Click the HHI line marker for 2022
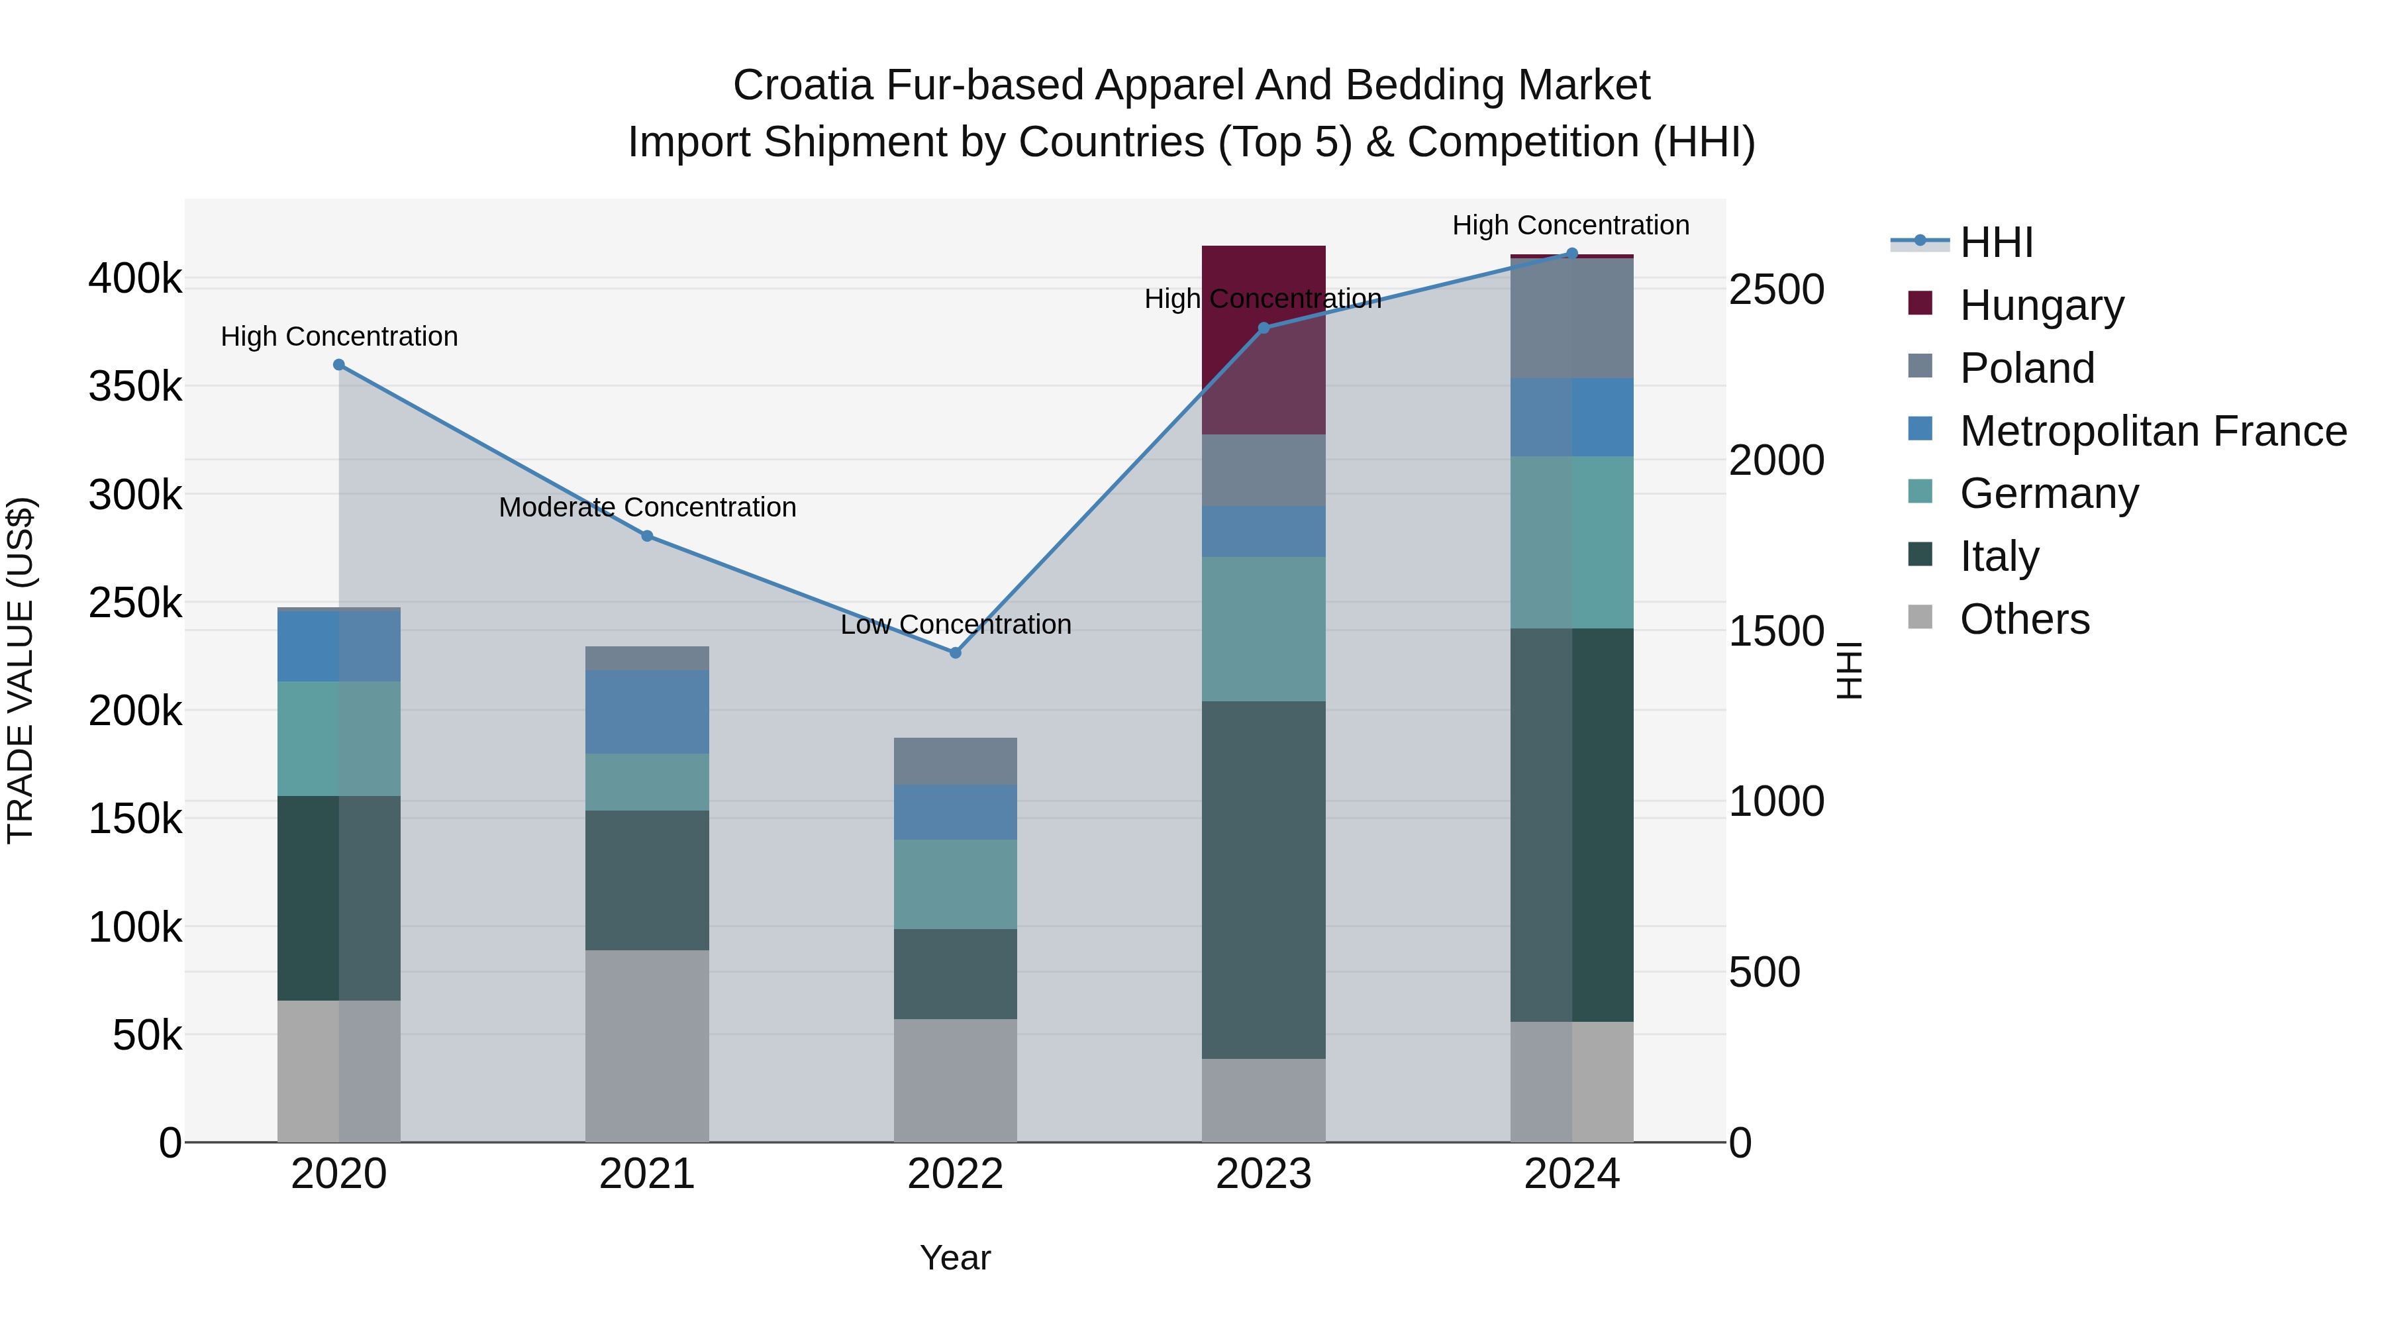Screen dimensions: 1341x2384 coord(955,652)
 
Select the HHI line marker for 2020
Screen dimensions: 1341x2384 coord(338,365)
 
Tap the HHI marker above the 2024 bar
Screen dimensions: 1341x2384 coord(1571,254)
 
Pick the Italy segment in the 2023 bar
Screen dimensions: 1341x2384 coord(1264,879)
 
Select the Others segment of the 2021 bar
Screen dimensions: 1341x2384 coord(647,1046)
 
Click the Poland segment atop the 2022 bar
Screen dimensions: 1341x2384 coord(955,761)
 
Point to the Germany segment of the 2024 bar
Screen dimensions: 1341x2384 coord(1571,542)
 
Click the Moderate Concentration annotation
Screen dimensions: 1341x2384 coord(647,507)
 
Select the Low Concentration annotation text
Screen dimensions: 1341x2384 coord(955,624)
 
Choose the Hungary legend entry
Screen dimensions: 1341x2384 coord(2041,305)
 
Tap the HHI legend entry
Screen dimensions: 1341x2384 coord(1995,242)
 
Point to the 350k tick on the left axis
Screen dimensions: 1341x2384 coord(135,386)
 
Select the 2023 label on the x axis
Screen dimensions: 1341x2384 coord(1264,1174)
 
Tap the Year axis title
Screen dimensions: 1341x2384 coord(955,1258)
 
